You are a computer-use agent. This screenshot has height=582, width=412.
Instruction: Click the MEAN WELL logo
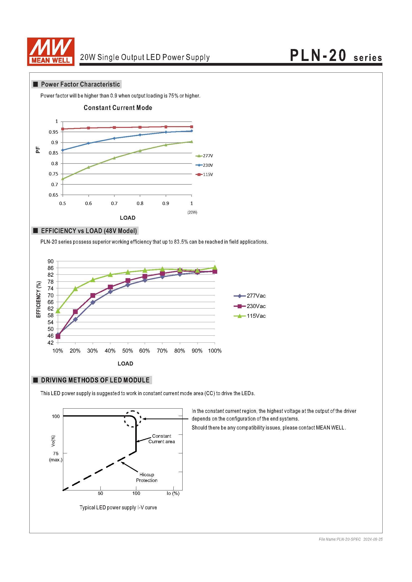click(51, 52)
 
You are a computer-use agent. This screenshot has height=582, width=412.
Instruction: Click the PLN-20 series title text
click(336, 56)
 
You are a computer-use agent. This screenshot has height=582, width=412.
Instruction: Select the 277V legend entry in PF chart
click(205, 156)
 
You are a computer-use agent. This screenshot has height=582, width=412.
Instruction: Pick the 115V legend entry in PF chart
click(205, 174)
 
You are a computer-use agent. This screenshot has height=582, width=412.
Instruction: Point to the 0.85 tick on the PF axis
click(54, 153)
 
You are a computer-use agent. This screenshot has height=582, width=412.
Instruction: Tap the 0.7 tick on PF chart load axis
click(114, 203)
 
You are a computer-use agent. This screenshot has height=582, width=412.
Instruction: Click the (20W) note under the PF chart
click(192, 212)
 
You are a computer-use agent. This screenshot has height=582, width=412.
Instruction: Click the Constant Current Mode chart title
click(118, 108)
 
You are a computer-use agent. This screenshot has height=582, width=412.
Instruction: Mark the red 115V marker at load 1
click(192, 127)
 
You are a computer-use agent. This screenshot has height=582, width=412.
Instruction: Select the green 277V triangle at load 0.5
click(63, 179)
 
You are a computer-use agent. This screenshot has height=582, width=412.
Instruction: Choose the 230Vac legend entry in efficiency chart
click(250, 306)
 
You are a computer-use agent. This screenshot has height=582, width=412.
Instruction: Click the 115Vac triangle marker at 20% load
click(75, 288)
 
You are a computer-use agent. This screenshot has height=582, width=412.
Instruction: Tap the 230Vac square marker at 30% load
click(93, 296)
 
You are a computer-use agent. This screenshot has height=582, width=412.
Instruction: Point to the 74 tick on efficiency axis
click(51, 288)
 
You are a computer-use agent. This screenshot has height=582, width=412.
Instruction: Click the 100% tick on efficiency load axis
click(215, 351)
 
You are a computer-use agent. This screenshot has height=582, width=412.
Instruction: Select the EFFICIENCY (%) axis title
click(39, 299)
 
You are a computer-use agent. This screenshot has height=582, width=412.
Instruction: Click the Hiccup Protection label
click(147, 477)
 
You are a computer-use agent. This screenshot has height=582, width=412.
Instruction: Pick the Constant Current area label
click(162, 439)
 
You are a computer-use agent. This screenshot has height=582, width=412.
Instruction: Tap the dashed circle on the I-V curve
click(133, 419)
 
